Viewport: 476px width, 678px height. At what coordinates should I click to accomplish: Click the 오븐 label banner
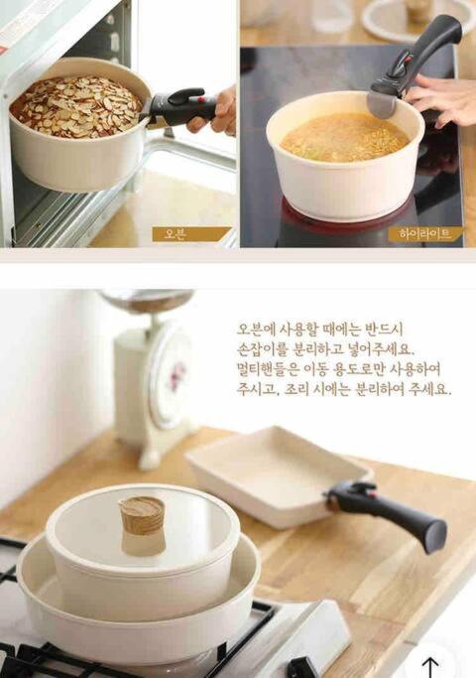[x=191, y=234]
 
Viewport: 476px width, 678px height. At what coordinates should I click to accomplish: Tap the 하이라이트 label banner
[x=425, y=234]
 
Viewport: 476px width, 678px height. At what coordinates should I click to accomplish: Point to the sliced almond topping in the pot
[x=76, y=106]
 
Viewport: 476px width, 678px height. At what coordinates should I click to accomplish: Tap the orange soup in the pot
[x=344, y=137]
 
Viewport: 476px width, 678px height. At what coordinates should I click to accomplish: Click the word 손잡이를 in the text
[x=262, y=348]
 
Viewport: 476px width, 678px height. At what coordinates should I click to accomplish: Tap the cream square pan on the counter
[x=277, y=475]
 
